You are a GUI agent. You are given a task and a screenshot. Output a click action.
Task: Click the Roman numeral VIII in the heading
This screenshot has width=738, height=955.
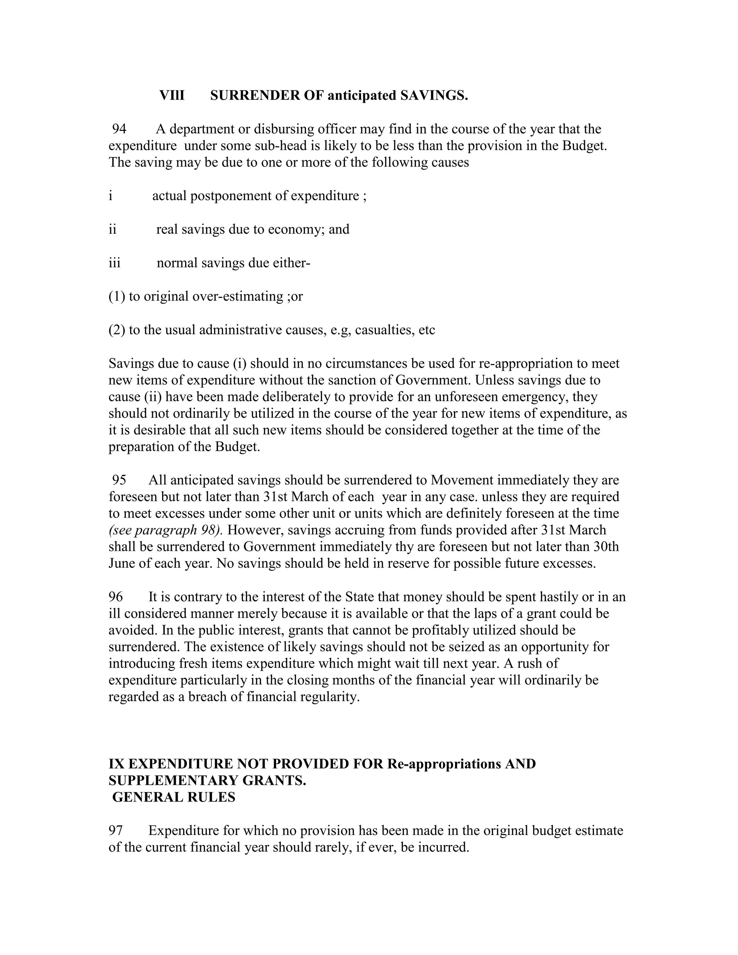[172, 95]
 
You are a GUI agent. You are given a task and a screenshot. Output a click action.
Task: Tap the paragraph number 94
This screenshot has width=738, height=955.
[119, 129]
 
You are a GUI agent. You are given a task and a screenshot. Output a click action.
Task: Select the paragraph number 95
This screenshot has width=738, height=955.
[119, 480]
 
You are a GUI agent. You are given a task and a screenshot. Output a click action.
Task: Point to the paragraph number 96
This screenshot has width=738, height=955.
[116, 597]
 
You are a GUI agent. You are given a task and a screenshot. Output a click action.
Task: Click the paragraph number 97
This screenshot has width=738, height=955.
[116, 831]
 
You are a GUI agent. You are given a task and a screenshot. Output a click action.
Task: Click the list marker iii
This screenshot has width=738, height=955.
[115, 263]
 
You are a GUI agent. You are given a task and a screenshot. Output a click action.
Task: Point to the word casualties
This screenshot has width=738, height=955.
[384, 330]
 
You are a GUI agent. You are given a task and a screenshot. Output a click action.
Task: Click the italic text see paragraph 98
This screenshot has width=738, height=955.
[166, 530]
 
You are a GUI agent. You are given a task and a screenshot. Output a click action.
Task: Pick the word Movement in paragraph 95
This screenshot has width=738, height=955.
[462, 480]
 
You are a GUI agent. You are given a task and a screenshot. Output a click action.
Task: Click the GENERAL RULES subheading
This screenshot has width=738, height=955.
[174, 797]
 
